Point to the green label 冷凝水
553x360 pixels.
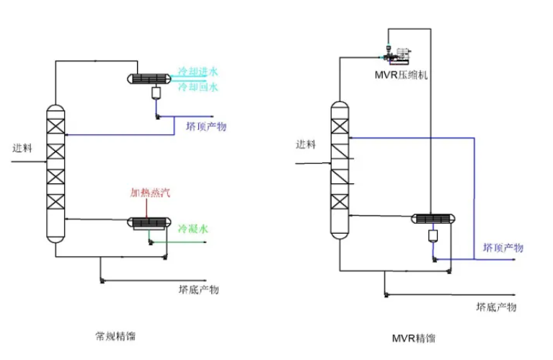pos(193,229)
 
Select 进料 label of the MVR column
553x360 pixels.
pos(306,144)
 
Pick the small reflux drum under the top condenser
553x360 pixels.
pos(156,93)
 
